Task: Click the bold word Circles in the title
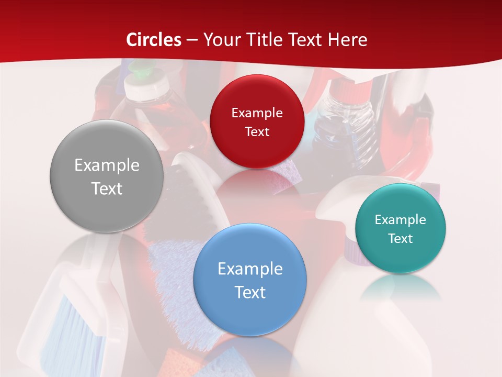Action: [x=154, y=40]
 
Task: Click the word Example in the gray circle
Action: [x=107, y=165]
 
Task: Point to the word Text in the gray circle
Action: [x=107, y=188]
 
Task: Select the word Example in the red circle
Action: [x=257, y=113]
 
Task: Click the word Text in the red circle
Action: [x=257, y=131]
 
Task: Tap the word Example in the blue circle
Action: [x=250, y=269]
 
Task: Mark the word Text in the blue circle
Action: [x=250, y=292]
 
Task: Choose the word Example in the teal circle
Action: [x=401, y=220]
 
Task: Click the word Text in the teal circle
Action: [x=401, y=238]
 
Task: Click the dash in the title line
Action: [x=192, y=40]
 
